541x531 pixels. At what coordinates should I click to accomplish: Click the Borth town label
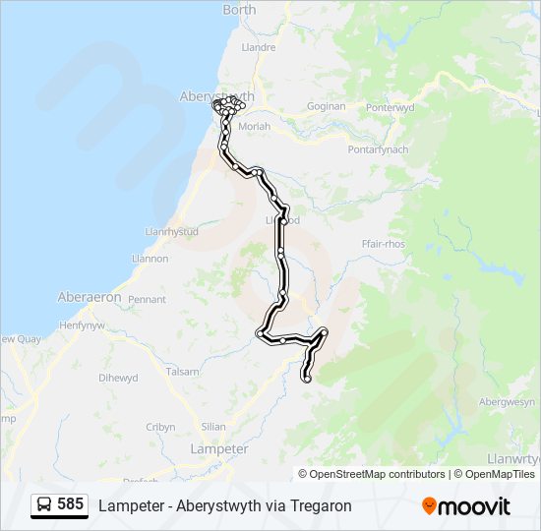tap(239, 10)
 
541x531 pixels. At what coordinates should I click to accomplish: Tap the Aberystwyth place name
tap(217, 95)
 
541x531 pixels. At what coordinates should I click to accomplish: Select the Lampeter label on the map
tap(218, 448)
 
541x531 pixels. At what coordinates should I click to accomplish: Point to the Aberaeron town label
tap(90, 297)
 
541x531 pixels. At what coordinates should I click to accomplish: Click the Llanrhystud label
tap(171, 232)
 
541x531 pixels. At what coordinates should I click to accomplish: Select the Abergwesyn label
tap(507, 401)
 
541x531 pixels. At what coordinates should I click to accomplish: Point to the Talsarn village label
tap(182, 372)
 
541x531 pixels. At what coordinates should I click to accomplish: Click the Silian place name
tap(212, 427)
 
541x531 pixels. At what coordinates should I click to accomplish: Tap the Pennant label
tap(147, 299)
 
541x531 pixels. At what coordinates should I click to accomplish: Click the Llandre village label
tap(258, 46)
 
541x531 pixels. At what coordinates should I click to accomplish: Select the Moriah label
tap(254, 127)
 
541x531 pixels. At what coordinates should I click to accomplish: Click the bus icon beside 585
tap(45, 505)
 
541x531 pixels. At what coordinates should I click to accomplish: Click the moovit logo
tap(466, 506)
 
